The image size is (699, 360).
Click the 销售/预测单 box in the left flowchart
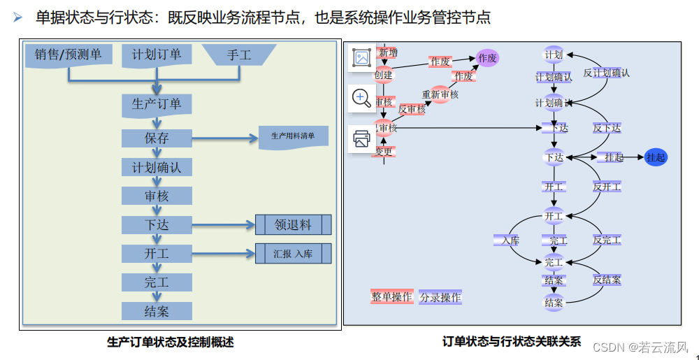68,55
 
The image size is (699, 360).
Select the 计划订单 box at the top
156,55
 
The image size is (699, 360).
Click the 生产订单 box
157,104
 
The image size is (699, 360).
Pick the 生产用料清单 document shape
293,136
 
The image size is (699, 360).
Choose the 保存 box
157,138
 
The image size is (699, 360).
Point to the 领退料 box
293,225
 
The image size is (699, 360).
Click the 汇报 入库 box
293,254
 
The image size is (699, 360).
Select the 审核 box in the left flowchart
157,196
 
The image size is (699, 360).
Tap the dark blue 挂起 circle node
656,157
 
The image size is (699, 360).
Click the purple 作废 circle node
487,59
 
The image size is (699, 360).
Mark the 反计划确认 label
606,73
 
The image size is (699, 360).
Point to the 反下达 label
607,129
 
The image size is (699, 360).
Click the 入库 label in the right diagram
506,240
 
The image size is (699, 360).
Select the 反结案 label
607,280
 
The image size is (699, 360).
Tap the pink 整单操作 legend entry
391,297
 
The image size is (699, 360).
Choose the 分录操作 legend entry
440,298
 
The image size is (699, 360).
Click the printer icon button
361,138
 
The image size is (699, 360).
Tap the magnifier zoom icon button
361,98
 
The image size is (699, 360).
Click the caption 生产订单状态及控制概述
170,343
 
